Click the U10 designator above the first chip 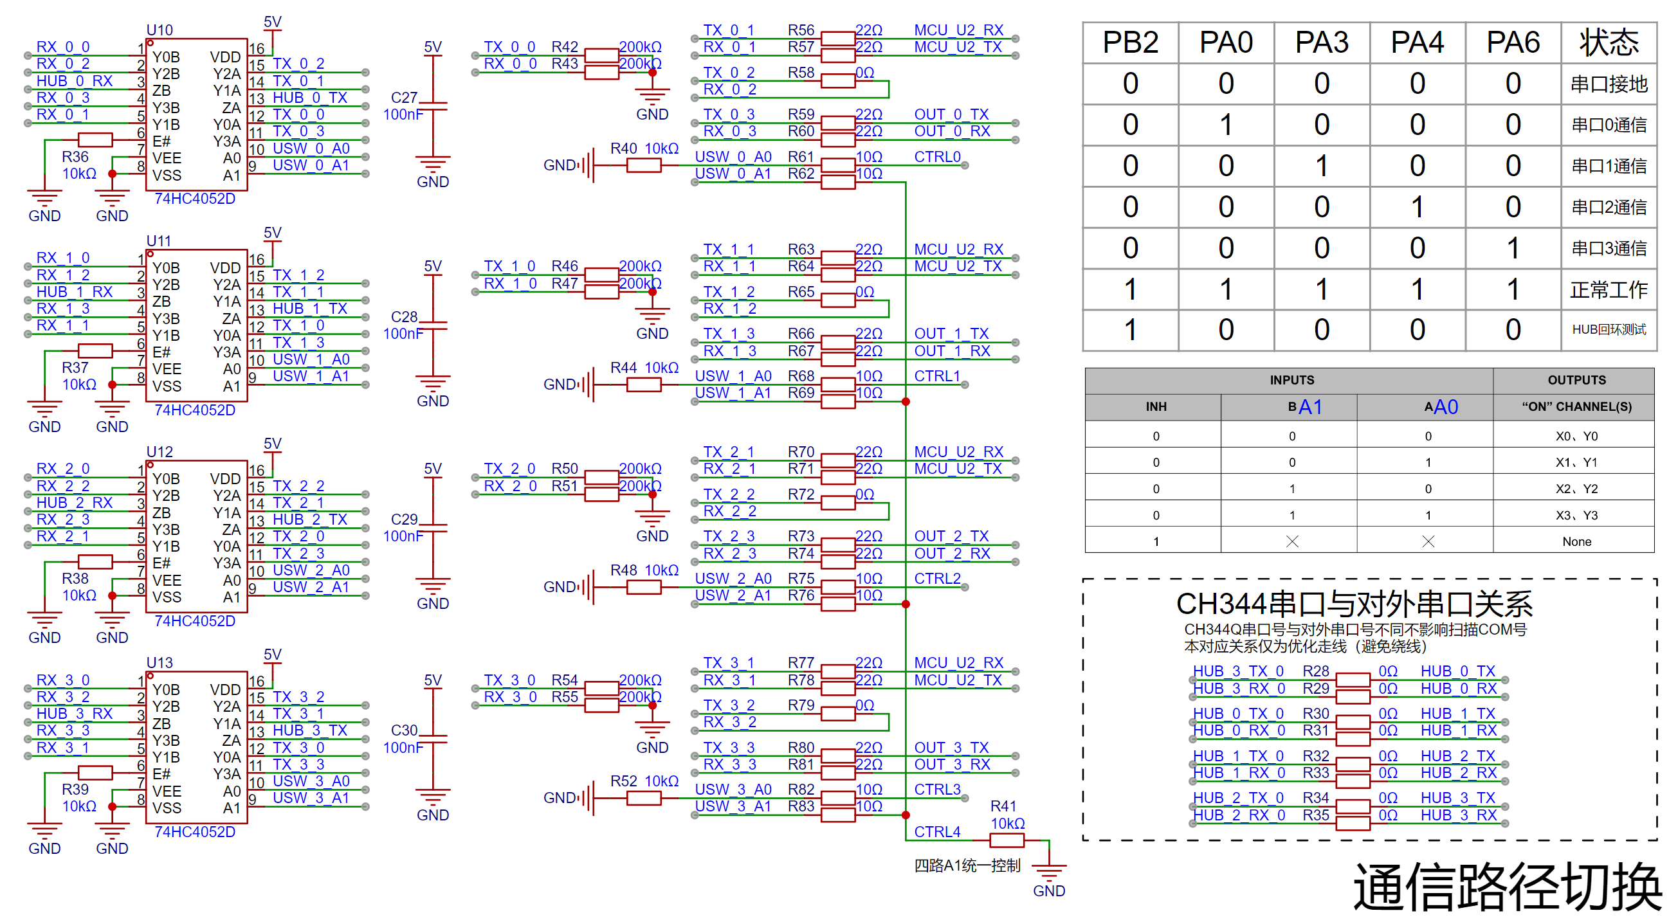pos(160,30)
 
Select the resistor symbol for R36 pos(95,140)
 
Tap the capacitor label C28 pos(404,316)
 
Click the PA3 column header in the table pos(1322,43)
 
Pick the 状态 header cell pos(1609,43)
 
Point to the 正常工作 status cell pos(1609,289)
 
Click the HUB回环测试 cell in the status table pos(1609,329)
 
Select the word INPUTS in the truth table pos(1291,380)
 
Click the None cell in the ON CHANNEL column pos(1576,541)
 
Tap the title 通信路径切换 pos(1508,887)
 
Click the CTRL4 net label pos(937,831)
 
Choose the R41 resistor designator pos(1003,806)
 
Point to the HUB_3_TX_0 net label pos(1238,671)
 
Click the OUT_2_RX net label pos(953,554)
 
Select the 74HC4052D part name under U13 pos(195,831)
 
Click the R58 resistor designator pos(801,72)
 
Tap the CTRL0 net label pos(937,157)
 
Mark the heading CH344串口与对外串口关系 pos(1354,604)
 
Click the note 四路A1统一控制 pos(967,865)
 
